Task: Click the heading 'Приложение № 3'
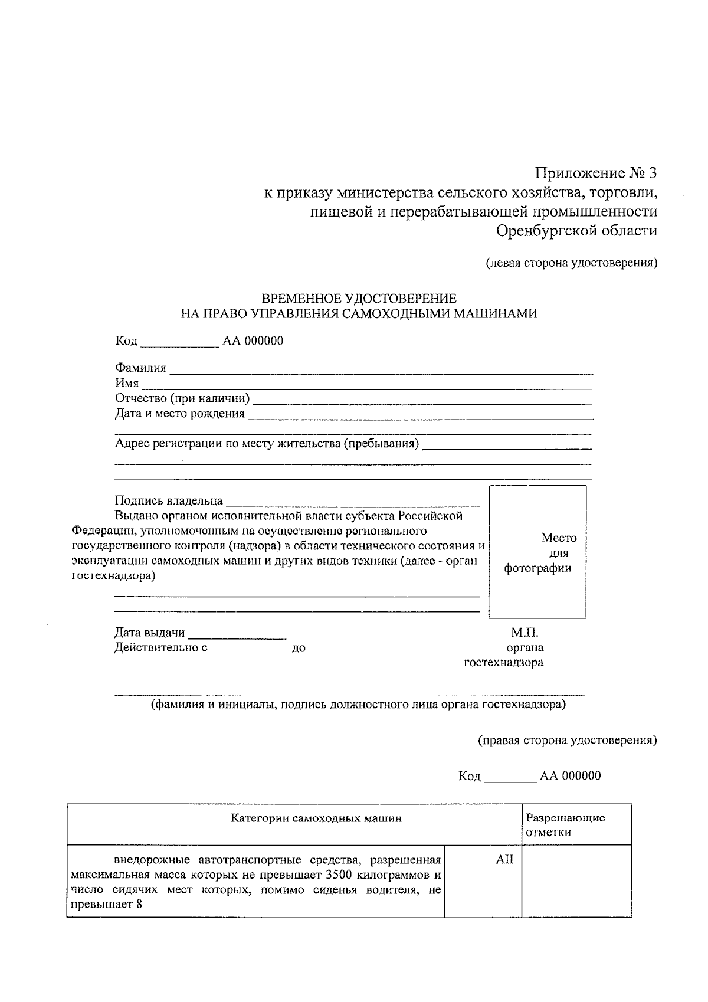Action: coord(596,173)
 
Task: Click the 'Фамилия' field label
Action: coord(140,368)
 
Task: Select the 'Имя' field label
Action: coord(127,384)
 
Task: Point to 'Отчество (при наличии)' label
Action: coord(182,398)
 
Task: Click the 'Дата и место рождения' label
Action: coord(179,413)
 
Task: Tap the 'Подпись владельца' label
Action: coord(169,501)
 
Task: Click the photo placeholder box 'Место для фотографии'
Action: coord(537,552)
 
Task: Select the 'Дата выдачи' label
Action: coord(149,633)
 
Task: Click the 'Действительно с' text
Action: coord(160,648)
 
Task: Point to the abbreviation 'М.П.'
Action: coord(525,633)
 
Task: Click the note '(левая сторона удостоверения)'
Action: coord(571,263)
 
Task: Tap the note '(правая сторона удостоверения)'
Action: coord(567,741)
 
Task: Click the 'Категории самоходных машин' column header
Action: coord(316,818)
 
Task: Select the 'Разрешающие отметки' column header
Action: coord(565,825)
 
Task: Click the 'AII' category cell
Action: coord(504,860)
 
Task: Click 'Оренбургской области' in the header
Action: coord(576,231)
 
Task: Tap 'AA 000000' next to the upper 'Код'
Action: coord(253,341)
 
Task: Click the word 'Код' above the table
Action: coord(470,776)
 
